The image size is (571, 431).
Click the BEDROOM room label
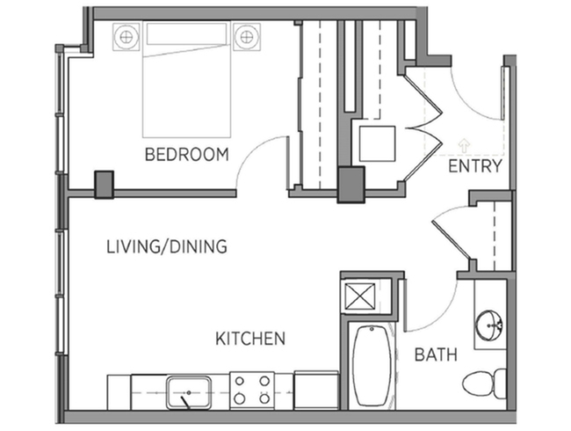pos(187,154)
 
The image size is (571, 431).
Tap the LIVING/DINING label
pos(167,246)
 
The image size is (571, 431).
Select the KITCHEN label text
pos(250,339)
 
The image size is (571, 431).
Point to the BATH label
pos(436,354)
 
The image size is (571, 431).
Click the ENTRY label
pos(475,166)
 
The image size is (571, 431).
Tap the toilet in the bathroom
pos(485,383)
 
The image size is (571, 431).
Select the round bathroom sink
pos(489,325)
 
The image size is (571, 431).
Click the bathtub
pos(372,367)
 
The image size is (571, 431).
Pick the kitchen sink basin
pos(189,393)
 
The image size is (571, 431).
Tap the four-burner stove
pos(252,391)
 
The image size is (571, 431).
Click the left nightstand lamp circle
pos(126,36)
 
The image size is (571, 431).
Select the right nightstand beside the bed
pos(247,36)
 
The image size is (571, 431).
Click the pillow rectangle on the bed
pos(186,34)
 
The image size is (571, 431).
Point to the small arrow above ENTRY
pos(464,145)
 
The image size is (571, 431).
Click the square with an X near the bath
pos(360,296)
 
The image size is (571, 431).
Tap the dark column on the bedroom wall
pos(105,185)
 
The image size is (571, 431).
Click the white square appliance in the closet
pos(377,143)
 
